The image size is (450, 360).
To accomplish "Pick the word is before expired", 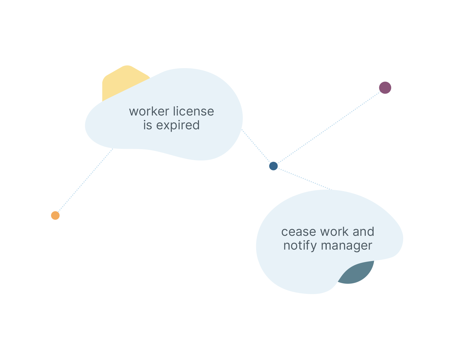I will (147, 125).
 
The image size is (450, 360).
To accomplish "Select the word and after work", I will (363, 232).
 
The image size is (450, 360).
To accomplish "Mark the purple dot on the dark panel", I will (385, 88).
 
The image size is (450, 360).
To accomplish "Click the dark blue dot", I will (273, 166).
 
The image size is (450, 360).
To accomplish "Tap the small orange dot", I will (55, 215).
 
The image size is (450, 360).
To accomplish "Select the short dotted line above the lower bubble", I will (319, 184).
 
